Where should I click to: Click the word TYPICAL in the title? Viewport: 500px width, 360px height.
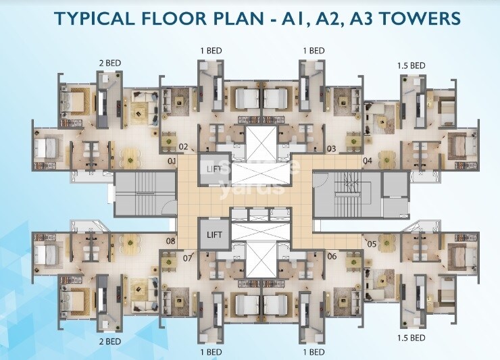(95, 18)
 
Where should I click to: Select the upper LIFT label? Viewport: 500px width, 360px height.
(214, 169)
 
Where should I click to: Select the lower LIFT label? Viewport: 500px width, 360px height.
(214, 235)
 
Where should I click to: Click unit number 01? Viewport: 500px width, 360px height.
(172, 161)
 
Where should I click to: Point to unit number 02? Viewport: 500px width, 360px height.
(183, 147)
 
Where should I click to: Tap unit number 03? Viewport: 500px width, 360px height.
(332, 149)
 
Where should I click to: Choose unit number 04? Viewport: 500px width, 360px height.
(368, 160)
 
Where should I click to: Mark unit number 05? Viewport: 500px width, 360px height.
(372, 245)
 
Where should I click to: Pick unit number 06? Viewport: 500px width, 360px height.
(332, 256)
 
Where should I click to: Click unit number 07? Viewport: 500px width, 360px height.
(188, 257)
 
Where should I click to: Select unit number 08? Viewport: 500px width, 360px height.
(171, 240)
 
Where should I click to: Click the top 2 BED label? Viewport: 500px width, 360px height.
(110, 63)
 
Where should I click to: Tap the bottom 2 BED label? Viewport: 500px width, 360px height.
(110, 342)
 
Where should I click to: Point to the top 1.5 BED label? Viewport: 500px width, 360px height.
(411, 66)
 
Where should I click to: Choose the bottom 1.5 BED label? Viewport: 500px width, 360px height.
(411, 338)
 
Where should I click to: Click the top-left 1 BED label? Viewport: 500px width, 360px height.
(211, 51)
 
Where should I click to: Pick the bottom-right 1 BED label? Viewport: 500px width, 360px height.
(314, 352)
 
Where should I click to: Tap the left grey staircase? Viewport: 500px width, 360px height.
(145, 194)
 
